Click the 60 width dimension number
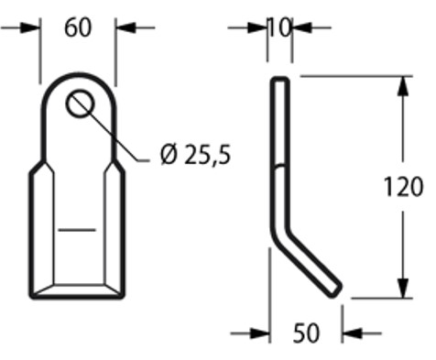78,27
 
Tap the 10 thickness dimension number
280,27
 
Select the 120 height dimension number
403,187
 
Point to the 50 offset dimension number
306,333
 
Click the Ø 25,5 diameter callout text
195,154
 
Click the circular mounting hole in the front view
80,103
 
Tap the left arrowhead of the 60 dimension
30,27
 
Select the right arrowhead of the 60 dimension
125,27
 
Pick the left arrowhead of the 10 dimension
257,27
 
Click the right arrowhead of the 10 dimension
302,27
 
